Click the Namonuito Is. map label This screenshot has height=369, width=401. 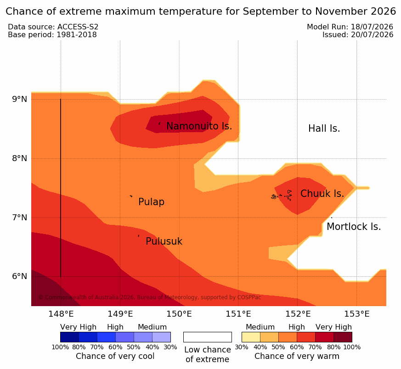[x=199, y=126]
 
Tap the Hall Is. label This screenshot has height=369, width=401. [x=324, y=129]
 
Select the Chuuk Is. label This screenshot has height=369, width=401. [x=322, y=194]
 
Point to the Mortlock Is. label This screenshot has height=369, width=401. [x=354, y=227]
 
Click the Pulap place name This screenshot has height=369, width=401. [x=151, y=202]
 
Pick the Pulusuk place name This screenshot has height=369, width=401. [x=164, y=241]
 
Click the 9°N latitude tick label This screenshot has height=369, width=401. [x=19, y=99]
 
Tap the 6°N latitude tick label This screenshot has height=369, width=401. [x=19, y=276]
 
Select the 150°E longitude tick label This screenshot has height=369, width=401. [x=179, y=314]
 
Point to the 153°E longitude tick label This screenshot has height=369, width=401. [x=357, y=314]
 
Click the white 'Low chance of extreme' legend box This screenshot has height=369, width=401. [x=208, y=337]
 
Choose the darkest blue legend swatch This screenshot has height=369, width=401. [x=69, y=337]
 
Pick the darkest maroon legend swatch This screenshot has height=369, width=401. [x=343, y=337]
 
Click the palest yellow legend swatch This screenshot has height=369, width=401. [x=251, y=337]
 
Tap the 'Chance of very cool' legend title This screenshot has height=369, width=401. [x=115, y=356]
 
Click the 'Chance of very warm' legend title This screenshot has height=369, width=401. [x=297, y=356]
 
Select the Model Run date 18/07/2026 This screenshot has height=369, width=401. [x=372, y=27]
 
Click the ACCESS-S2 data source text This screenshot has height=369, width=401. [x=78, y=27]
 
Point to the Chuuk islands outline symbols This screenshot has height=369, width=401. [x=281, y=196]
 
